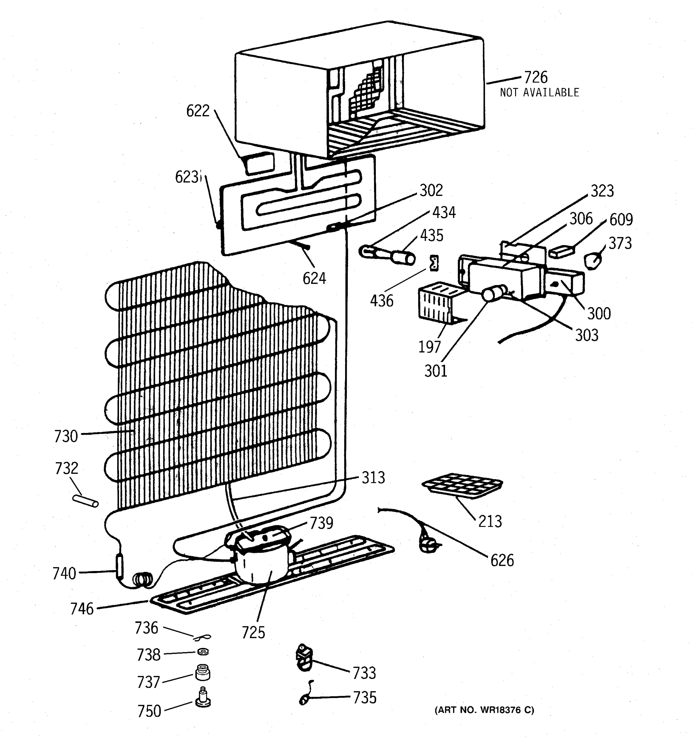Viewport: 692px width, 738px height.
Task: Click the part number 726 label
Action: coord(535,77)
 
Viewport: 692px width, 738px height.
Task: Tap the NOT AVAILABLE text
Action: coord(539,93)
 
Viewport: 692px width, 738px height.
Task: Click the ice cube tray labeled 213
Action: coord(462,485)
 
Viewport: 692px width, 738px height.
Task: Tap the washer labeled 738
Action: coord(203,652)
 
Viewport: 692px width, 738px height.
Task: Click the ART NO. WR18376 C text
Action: coord(484,709)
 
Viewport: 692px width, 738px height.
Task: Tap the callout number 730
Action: coord(66,436)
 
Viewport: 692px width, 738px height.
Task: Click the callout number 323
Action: coord(602,191)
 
